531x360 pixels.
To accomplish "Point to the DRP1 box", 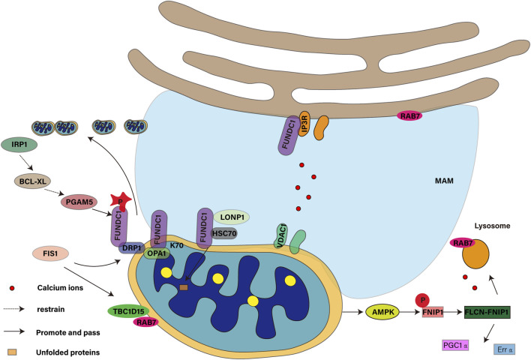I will [132, 246].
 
